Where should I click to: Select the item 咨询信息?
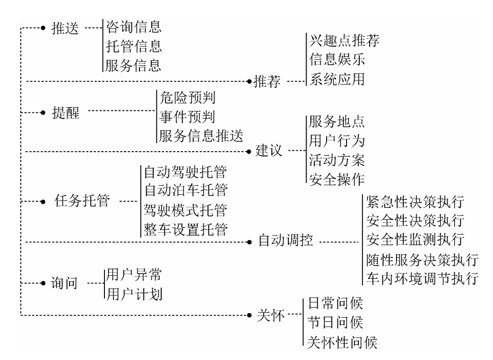(134, 27)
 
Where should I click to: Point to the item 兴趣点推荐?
(345, 41)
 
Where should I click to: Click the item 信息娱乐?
(337, 60)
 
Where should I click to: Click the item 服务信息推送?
(201, 137)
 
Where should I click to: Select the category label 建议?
(268, 152)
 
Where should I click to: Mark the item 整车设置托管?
(186, 230)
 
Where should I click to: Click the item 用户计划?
(134, 294)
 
